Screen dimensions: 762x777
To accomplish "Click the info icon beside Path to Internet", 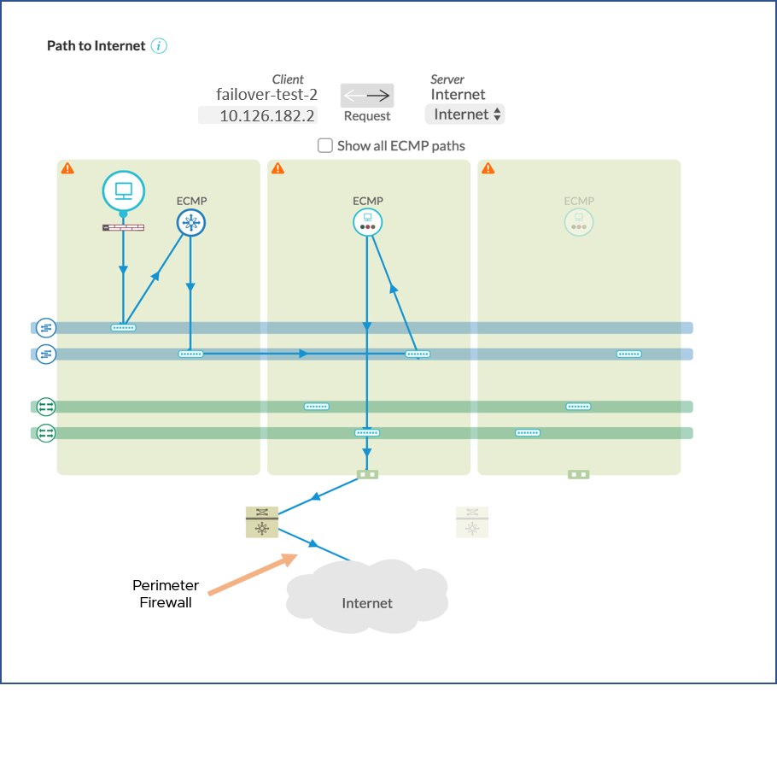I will click(159, 46).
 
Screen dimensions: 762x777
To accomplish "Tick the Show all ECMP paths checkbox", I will click(325, 145).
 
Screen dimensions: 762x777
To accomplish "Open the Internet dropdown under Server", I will click(464, 114).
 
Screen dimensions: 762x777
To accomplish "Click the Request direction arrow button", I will click(367, 96).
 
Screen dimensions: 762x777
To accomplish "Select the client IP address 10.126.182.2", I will click(266, 115).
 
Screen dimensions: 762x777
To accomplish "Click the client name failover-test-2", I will click(266, 95).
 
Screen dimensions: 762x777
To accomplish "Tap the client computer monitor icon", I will click(123, 190).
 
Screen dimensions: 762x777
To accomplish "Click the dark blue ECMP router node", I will click(191, 224).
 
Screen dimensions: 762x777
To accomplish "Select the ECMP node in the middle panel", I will click(367, 223).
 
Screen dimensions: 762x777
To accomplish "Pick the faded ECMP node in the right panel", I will click(578, 223).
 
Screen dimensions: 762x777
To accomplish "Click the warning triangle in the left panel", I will click(67, 168).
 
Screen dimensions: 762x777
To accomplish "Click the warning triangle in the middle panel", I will click(277, 168).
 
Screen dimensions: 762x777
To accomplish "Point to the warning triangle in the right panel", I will click(488, 168).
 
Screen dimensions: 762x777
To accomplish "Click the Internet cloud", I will click(367, 598).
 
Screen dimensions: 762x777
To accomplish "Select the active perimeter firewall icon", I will click(262, 522).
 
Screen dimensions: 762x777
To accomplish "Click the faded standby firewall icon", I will click(472, 522).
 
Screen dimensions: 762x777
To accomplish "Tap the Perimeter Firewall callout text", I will click(166, 594).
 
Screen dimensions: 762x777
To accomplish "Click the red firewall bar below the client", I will click(123, 228).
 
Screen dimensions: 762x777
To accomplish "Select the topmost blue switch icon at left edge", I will click(45, 327).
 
